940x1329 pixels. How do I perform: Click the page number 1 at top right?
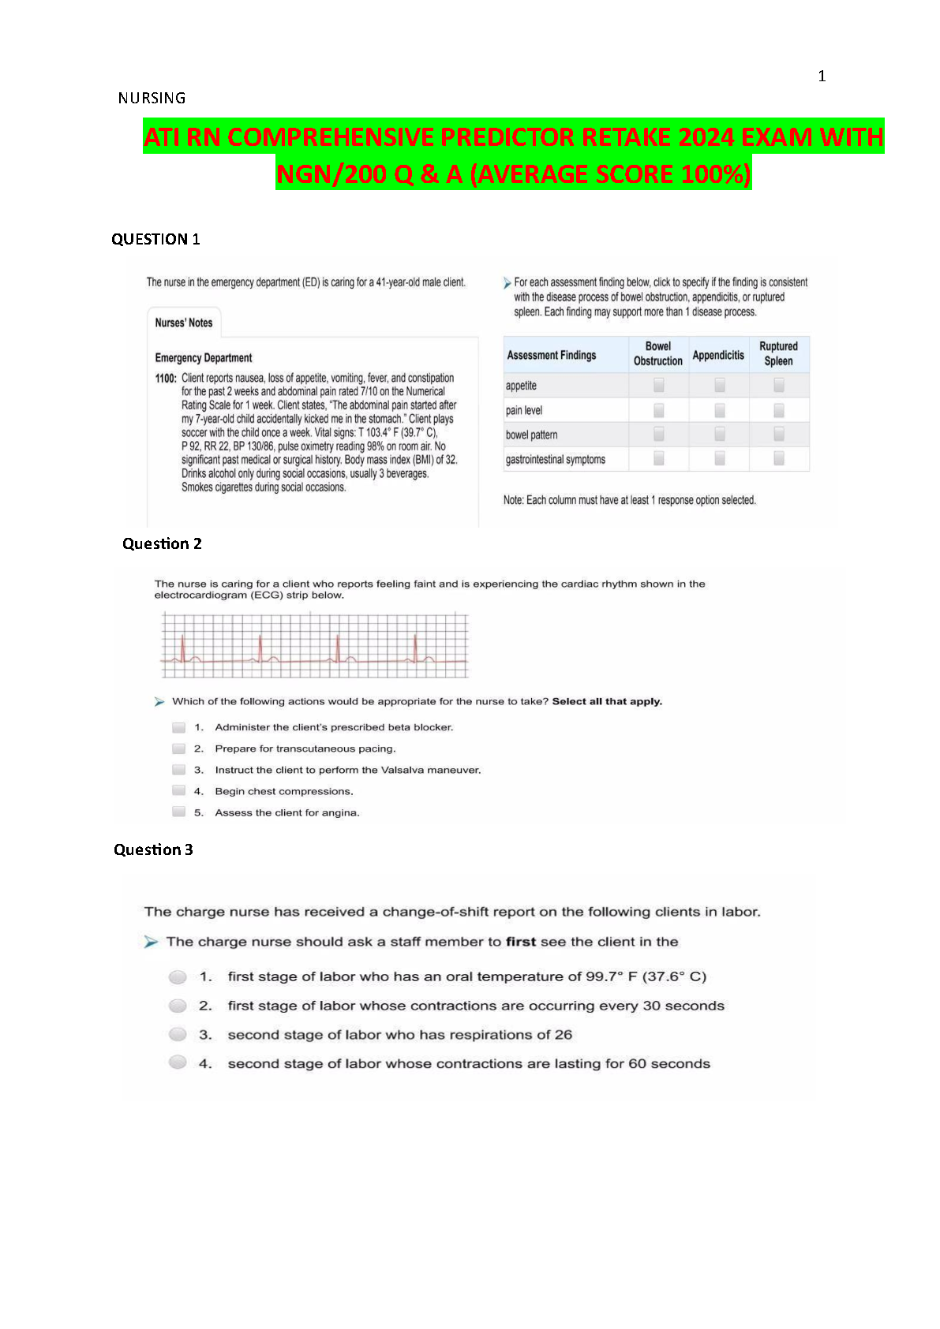tap(822, 77)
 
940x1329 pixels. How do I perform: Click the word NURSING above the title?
tap(152, 99)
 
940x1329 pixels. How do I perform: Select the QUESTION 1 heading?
tap(155, 240)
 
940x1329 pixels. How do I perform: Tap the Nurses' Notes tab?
tap(184, 323)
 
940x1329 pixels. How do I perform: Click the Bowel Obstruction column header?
tap(658, 353)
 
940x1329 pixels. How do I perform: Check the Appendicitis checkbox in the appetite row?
tap(720, 385)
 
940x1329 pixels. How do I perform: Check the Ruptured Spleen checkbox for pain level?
tap(779, 410)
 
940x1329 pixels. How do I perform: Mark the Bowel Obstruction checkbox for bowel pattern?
tap(659, 435)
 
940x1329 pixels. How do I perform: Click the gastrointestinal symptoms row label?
tap(556, 460)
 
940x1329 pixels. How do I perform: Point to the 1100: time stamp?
tap(166, 379)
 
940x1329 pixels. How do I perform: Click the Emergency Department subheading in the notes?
tap(204, 358)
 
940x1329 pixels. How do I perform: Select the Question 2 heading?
tap(162, 544)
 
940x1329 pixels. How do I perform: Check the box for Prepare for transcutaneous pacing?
tap(179, 748)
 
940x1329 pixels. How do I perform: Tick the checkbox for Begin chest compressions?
tap(179, 791)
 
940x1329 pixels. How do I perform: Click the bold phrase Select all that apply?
tap(607, 701)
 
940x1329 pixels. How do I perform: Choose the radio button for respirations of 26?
tap(178, 1035)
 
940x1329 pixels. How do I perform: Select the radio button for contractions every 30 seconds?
tap(178, 1006)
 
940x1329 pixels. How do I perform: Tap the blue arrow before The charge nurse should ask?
tap(152, 942)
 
